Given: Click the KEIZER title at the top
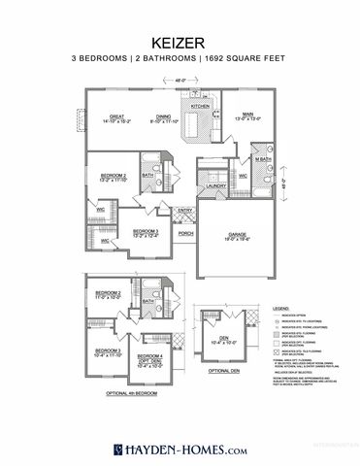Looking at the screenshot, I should pos(180,43).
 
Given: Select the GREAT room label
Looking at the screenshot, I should pos(118,116).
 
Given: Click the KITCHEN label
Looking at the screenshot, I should pos(200,107).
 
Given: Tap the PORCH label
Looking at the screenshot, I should pos(184,233).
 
